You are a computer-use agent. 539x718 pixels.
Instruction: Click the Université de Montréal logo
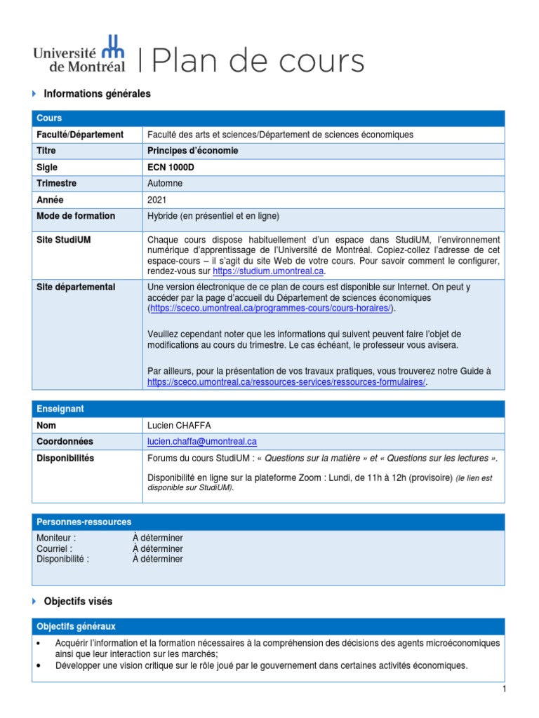[x=79, y=53]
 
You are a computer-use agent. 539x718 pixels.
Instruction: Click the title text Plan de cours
[x=257, y=61]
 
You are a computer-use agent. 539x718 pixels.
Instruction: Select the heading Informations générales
[x=97, y=93]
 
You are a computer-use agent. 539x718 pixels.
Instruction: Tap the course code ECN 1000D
[x=171, y=168]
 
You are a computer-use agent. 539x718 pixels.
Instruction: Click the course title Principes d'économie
[x=192, y=151]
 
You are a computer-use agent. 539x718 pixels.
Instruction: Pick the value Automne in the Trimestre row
[x=164, y=184]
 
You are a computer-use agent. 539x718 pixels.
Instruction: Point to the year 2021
[x=157, y=200]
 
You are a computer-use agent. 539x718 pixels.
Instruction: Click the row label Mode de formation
[x=76, y=216]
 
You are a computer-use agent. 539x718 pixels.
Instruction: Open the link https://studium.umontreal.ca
[x=269, y=271]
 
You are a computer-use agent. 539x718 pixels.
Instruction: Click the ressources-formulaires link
[x=286, y=382]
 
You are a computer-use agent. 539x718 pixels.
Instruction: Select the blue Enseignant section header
[x=268, y=408]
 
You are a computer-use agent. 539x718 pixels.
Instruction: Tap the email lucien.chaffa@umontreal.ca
[x=201, y=442]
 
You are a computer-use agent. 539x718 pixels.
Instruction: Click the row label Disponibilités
[x=65, y=459]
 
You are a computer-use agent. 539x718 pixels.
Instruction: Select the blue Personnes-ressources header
[x=268, y=522]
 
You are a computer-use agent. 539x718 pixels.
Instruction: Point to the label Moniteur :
[x=56, y=538]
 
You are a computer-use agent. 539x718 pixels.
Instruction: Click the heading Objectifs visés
[x=77, y=602]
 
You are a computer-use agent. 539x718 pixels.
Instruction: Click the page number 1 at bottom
[x=504, y=690]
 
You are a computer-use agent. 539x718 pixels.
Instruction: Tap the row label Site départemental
[x=76, y=287]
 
